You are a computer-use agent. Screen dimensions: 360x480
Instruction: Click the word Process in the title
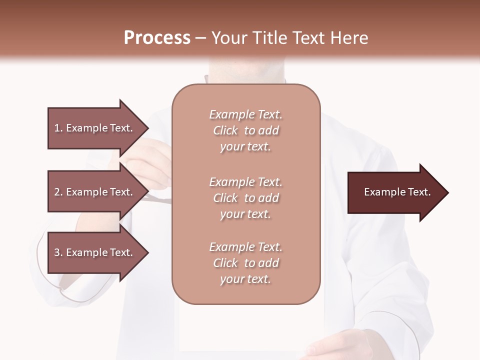click(x=157, y=38)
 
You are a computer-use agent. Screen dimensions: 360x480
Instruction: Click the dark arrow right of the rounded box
click(x=395, y=192)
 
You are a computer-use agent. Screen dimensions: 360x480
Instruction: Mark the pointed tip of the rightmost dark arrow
click(x=447, y=192)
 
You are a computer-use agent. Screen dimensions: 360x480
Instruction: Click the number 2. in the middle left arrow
click(x=58, y=192)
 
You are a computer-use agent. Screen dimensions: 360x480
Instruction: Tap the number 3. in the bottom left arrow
click(x=58, y=252)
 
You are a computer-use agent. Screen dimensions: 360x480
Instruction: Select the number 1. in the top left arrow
click(x=58, y=128)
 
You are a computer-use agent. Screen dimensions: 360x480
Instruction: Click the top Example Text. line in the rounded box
click(x=245, y=114)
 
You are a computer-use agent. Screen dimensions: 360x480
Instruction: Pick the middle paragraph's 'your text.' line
click(x=245, y=214)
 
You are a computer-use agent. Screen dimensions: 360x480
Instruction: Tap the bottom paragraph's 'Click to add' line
click(x=245, y=263)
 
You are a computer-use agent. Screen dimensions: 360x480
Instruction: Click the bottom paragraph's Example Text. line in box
click(x=245, y=247)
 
